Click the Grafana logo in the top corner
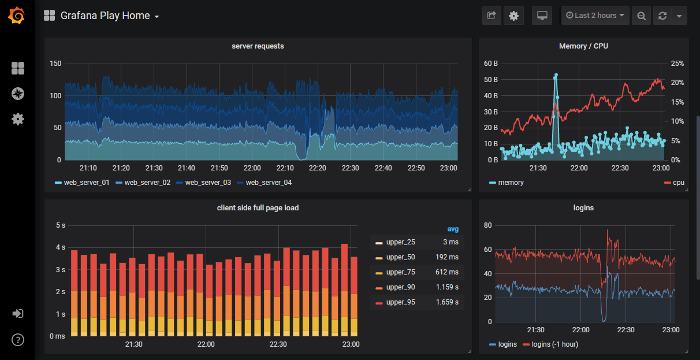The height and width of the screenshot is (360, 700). pyautogui.click(x=17, y=16)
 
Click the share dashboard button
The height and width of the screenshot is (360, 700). pyautogui.click(x=492, y=16)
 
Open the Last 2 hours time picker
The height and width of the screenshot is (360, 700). pyautogui.click(x=595, y=16)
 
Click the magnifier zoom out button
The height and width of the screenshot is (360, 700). pyautogui.click(x=641, y=16)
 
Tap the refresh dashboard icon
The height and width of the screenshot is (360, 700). pyautogui.click(x=662, y=16)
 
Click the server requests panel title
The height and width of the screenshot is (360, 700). pyautogui.click(x=258, y=46)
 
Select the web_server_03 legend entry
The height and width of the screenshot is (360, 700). pyautogui.click(x=207, y=183)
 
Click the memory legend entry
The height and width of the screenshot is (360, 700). pyautogui.click(x=511, y=183)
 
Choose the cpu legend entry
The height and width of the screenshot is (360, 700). pyautogui.click(x=678, y=183)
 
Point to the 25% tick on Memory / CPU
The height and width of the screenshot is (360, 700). pyautogui.click(x=677, y=64)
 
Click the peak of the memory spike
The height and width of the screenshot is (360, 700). pyautogui.click(x=556, y=75)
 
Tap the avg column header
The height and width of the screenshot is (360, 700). pyautogui.click(x=453, y=229)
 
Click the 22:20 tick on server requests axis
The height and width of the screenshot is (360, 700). pyautogui.click(x=318, y=168)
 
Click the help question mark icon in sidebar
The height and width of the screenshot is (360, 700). pyautogui.click(x=18, y=339)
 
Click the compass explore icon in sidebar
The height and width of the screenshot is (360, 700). pyautogui.click(x=18, y=94)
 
